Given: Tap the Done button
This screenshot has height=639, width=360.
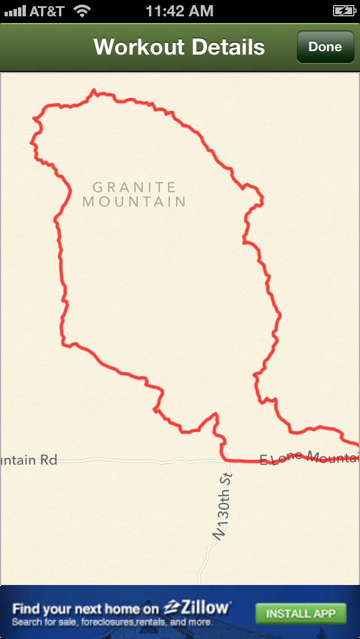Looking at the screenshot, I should (x=325, y=47).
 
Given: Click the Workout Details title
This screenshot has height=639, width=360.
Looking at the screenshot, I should (x=179, y=47).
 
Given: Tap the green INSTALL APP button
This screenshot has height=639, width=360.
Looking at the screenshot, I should (x=300, y=613).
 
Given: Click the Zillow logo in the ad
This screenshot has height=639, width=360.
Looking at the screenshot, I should (x=197, y=608).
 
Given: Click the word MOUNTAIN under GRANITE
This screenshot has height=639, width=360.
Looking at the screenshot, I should (x=134, y=201).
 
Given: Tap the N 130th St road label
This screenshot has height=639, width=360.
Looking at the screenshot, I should (x=223, y=506).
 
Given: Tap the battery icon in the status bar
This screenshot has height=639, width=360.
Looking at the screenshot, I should (x=343, y=11).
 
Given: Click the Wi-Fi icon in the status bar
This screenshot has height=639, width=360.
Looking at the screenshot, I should (x=83, y=11).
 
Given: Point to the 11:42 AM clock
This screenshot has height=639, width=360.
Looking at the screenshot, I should (x=179, y=11).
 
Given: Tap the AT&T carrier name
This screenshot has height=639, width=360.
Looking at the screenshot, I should (x=47, y=11).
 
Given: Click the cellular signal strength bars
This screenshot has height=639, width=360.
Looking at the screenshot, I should (x=15, y=11).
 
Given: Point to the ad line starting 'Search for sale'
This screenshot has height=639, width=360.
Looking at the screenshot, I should (x=112, y=622).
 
